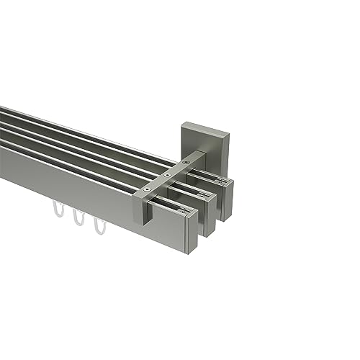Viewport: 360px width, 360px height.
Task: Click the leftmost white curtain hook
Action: pyautogui.click(x=57, y=213)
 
